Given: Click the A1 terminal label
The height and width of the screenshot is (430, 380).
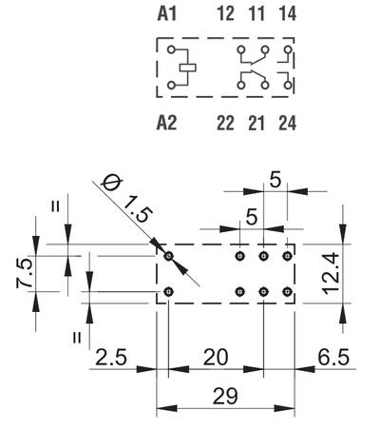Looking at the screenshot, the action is [167, 13].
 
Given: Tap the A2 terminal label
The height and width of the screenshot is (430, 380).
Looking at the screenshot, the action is [167, 123].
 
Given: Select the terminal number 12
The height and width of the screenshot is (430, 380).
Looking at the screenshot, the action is [226, 13].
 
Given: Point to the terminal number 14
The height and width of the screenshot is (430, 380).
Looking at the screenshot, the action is [288, 13].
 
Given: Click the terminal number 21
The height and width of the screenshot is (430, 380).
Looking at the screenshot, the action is [256, 123].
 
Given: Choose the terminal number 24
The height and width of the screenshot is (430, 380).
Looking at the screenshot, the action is [288, 123].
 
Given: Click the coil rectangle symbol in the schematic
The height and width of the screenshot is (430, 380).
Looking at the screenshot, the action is [188, 68].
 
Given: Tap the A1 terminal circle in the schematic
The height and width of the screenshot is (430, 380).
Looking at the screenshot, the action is [171, 49].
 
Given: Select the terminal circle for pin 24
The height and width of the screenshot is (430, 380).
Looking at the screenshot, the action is [288, 86].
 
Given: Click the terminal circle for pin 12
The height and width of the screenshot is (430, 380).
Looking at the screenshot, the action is [241, 49].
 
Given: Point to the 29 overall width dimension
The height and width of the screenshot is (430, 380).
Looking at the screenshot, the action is [225, 396].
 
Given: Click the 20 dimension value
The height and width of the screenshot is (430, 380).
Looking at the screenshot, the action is [216, 357].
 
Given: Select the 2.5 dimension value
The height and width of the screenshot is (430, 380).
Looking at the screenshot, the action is [111, 357].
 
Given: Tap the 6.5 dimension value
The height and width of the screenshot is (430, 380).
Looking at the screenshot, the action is [333, 357].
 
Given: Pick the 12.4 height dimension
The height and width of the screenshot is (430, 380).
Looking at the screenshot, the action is [332, 274].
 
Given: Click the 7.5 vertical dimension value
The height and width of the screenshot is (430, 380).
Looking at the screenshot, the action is [25, 273].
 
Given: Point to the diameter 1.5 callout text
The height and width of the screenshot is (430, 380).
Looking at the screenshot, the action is [126, 200].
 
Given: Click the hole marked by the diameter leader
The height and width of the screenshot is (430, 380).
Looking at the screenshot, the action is [169, 256].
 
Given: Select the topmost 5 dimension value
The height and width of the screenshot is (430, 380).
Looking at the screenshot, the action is [275, 181].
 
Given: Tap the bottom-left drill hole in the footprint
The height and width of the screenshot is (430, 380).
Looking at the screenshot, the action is [169, 291].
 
